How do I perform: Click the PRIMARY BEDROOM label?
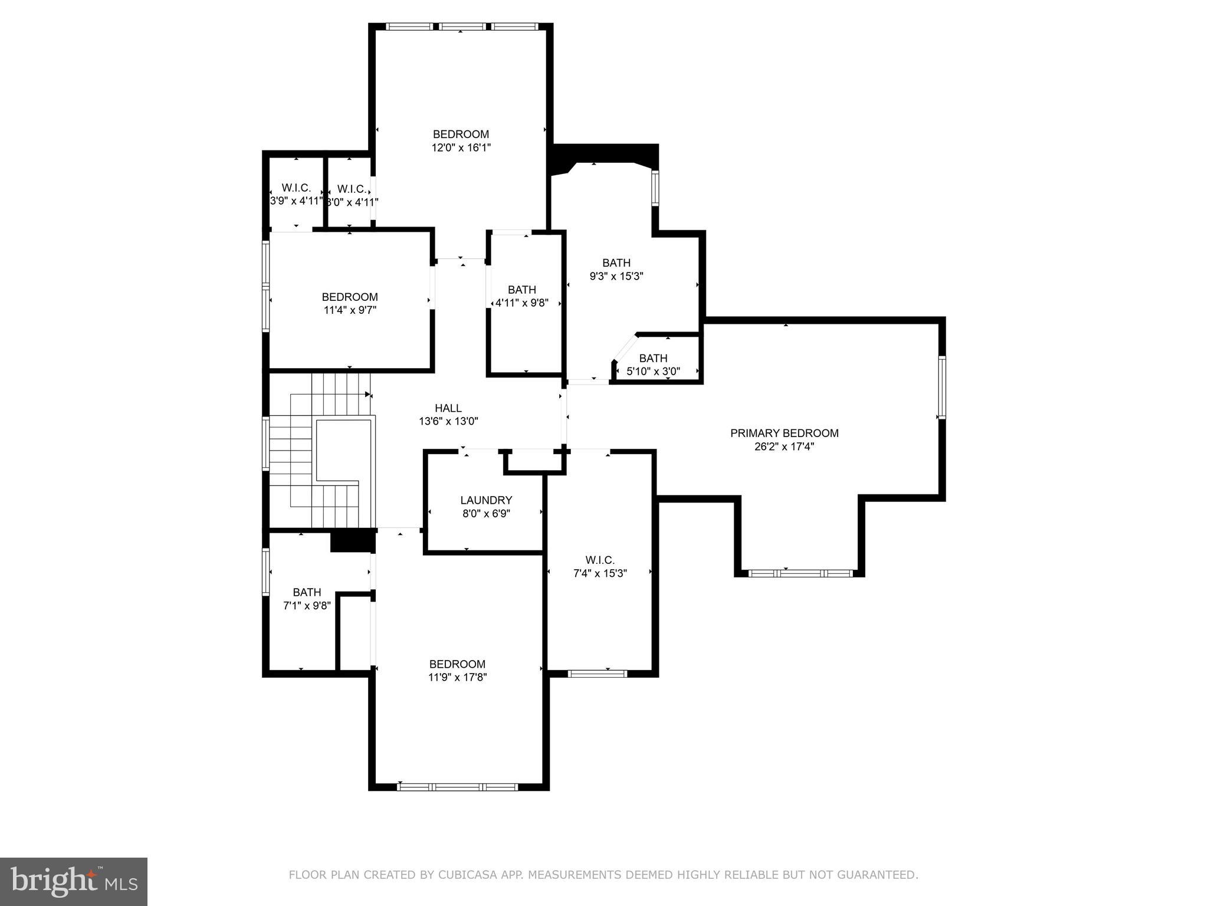coord(784,433)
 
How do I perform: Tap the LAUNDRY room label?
coord(486,500)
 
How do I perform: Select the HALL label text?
coord(448,408)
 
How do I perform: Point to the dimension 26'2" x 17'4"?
coord(784,447)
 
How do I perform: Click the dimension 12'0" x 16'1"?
coord(461,147)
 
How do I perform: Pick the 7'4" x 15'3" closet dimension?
coord(600,573)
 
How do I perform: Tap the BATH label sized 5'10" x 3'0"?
coord(653,358)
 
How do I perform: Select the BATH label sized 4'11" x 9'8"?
coord(521,290)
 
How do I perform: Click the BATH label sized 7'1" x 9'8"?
coord(307,592)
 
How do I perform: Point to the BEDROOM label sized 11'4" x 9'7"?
coord(349,297)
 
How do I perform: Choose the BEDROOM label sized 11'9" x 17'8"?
coord(457,664)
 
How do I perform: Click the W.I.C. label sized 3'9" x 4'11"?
coord(296,188)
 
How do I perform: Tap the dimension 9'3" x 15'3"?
coord(616,276)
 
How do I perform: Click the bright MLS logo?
coord(74,881)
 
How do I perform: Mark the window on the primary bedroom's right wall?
coord(941,388)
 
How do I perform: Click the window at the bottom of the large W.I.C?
coord(597,673)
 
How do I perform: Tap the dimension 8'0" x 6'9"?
coord(486,514)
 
